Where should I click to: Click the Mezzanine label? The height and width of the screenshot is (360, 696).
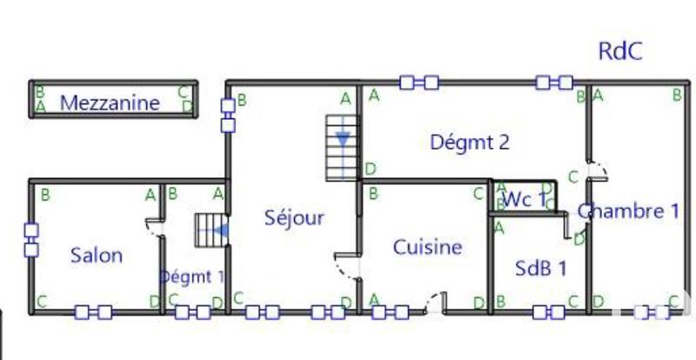(x=110, y=103)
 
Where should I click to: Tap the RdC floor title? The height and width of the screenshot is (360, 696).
(x=620, y=51)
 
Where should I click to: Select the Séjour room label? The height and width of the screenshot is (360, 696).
(x=294, y=217)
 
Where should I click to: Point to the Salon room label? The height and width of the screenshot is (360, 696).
(x=96, y=256)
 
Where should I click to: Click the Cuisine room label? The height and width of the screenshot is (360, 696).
(x=427, y=247)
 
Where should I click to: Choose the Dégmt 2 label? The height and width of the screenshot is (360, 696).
(x=470, y=143)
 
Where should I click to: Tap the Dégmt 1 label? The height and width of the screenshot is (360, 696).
(x=191, y=277)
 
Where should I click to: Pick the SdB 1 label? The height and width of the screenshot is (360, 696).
(x=540, y=268)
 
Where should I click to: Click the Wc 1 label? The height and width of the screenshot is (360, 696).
(x=525, y=199)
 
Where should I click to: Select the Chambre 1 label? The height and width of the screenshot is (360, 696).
(x=628, y=210)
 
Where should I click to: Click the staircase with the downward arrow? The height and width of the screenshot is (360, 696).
(x=343, y=146)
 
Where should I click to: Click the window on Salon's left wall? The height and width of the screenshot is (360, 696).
(x=31, y=240)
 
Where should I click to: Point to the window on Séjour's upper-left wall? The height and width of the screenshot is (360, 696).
(x=228, y=115)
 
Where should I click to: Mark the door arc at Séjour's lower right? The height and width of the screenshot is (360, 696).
(x=347, y=265)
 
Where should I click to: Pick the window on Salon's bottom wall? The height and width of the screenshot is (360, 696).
(x=93, y=311)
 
